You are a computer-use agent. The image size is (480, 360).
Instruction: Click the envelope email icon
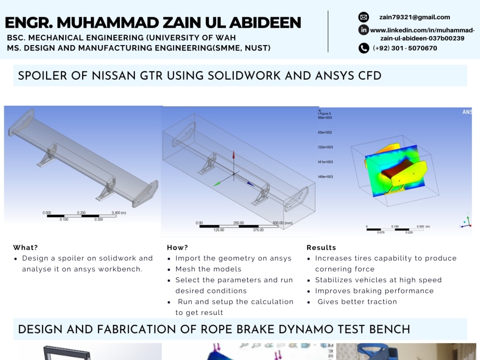point(363,17)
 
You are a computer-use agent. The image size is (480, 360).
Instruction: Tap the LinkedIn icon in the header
point(363,30)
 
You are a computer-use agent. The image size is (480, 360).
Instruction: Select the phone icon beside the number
point(364,48)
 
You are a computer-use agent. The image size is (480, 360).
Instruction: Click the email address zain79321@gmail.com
point(414,17)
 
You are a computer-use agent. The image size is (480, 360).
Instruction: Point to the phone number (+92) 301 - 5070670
point(405,48)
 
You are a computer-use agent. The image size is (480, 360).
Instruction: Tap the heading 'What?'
point(25,248)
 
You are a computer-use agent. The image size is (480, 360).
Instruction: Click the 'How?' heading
point(178,248)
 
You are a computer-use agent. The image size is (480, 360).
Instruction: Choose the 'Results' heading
point(322,248)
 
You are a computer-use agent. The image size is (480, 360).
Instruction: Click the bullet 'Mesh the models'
point(208,269)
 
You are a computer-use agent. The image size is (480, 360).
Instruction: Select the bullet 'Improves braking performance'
point(374,291)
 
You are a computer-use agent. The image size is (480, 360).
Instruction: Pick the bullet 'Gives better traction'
point(357,302)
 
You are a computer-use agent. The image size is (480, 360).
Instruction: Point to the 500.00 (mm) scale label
point(283,223)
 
